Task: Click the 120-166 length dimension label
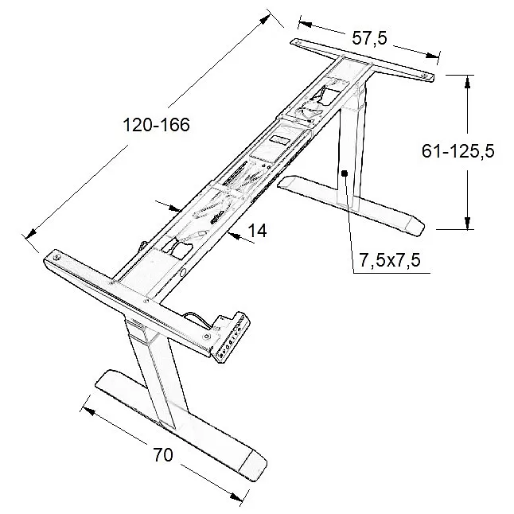point(157,125)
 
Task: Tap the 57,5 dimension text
point(369,38)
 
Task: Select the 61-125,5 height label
point(458,151)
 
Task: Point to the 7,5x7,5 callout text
point(389,261)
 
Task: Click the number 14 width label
point(257,231)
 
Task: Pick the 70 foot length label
point(163,455)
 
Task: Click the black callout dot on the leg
point(345,173)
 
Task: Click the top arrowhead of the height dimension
point(468,81)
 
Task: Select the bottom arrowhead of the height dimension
point(468,223)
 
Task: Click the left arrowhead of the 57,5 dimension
point(305,24)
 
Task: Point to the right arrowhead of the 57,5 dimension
point(432,55)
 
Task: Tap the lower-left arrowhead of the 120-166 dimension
point(30,233)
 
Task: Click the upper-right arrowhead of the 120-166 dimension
point(264,19)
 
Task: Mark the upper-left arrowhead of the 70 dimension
point(88,411)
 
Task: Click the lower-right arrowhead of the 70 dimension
point(236,496)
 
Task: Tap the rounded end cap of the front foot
point(256,465)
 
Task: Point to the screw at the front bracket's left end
point(57,257)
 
